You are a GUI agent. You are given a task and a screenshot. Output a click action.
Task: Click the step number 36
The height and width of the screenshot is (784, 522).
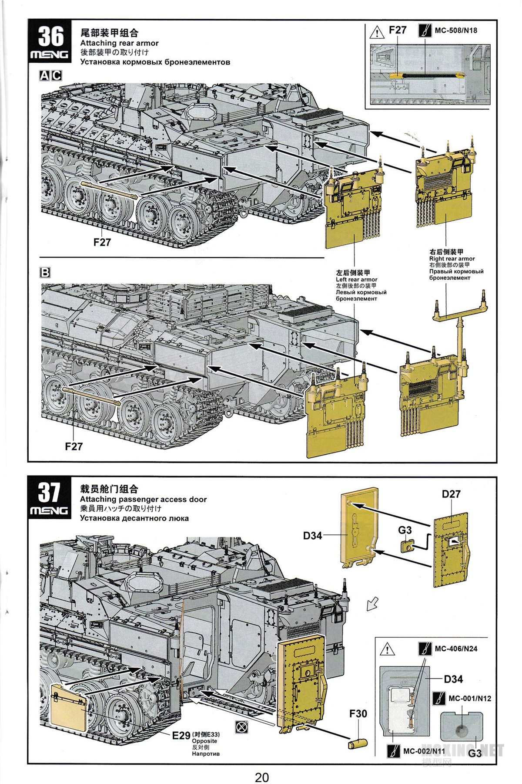pos(51,36)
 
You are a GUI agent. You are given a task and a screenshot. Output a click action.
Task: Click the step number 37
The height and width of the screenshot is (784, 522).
pos(49,492)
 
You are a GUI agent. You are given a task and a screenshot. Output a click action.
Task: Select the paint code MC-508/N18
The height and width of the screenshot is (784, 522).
pos(455,30)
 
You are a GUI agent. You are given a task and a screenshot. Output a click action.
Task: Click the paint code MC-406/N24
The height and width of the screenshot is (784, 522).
pos(455,649)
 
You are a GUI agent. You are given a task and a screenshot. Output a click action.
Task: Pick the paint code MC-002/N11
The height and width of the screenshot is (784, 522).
pos(424,751)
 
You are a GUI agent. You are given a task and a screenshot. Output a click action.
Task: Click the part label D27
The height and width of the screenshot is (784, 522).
pos(451,494)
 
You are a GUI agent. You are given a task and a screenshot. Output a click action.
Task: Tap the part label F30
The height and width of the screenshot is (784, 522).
pos(358,713)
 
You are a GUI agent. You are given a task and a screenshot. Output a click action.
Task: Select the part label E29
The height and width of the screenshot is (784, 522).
pos(181,735)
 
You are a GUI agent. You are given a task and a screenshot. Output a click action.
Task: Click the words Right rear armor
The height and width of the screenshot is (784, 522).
pos(452,258)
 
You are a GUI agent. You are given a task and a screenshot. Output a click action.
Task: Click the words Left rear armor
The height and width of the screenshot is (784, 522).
pos(356,279)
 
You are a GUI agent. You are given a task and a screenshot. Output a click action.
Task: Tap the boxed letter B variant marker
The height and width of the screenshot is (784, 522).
pos(45,273)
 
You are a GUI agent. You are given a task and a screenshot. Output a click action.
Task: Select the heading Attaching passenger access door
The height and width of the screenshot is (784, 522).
pos(143,499)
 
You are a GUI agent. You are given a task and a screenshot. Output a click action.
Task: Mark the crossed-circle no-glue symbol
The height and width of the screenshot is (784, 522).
pos(241,727)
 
